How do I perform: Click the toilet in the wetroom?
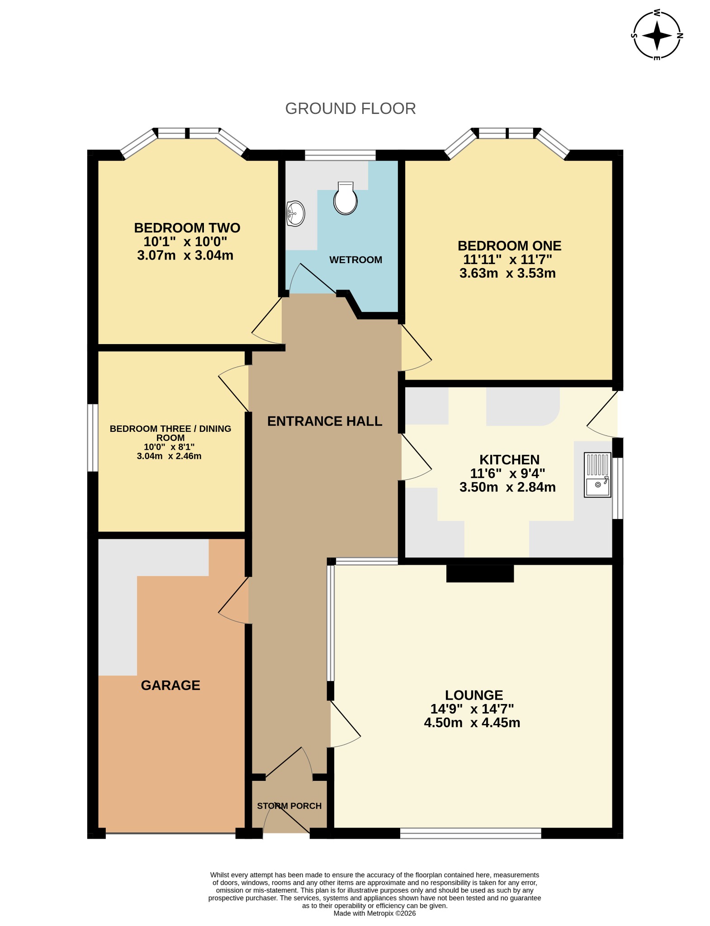[346, 198]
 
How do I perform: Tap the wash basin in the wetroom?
[296, 213]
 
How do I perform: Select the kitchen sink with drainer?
[597, 475]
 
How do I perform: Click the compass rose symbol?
[657, 35]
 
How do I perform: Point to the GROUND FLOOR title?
[350, 109]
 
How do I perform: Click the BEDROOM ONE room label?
[510, 246]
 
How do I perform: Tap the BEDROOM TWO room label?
[187, 227]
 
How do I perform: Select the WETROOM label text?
[355, 260]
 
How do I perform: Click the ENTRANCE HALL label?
[325, 421]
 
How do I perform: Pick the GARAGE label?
[170, 685]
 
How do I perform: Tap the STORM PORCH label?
[289, 806]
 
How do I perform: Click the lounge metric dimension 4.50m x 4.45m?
[472, 723]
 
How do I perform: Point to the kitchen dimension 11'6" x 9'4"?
[508, 473]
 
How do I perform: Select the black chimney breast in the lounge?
[480, 573]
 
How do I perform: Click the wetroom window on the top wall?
[341, 155]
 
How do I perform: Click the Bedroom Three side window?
[93, 438]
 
